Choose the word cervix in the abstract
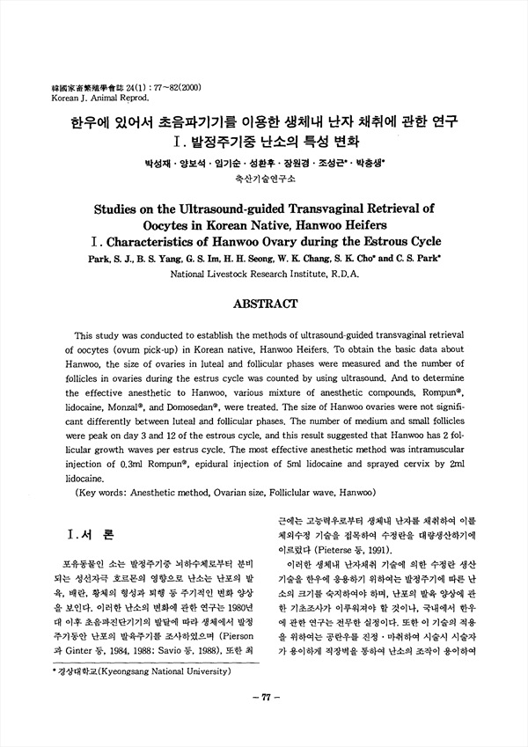[x=411, y=465]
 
